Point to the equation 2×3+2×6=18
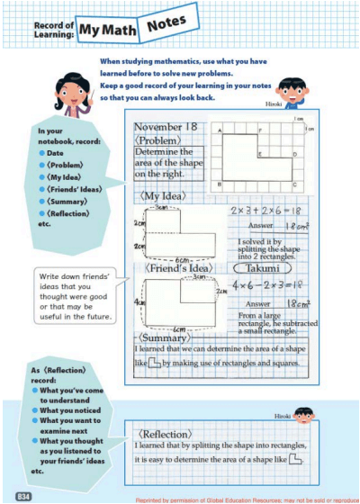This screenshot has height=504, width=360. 259,210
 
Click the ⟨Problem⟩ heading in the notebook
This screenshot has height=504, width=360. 157,140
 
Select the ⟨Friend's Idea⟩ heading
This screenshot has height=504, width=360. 176,267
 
